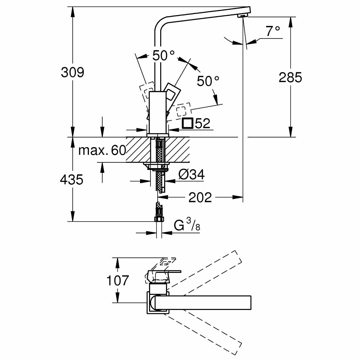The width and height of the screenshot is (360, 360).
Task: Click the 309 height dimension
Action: tap(72, 72)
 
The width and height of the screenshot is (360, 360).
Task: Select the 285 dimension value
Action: tap(290, 77)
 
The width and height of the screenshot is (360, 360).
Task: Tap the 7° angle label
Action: tap(273, 32)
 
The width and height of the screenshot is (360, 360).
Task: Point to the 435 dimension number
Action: tap(72, 179)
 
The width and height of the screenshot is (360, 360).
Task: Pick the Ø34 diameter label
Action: tap(192, 175)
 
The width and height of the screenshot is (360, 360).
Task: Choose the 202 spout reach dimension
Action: tap(200, 197)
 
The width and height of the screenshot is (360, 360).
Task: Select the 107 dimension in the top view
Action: tap(117, 280)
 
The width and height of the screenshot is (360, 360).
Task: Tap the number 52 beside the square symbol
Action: tap(203, 123)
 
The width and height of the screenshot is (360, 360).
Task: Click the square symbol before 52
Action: tap(187, 123)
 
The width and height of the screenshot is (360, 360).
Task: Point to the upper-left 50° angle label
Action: tap(163, 55)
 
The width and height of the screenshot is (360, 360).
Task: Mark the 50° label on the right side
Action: tap(208, 81)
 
